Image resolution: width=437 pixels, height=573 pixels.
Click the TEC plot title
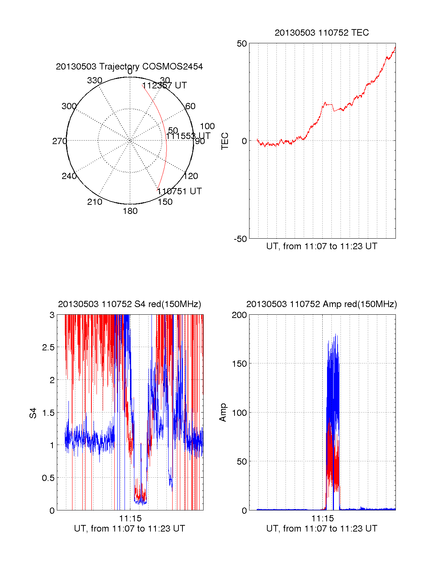pyautogui.click(x=322, y=33)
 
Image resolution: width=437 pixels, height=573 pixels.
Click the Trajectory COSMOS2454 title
pyautogui.click(x=129, y=67)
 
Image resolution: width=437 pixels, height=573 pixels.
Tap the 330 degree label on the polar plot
pyautogui.click(x=95, y=80)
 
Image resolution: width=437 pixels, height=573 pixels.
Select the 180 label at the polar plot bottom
pyautogui.click(x=130, y=211)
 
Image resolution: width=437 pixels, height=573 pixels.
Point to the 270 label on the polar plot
pyautogui.click(x=59, y=141)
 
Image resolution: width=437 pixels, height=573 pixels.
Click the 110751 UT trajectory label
pyautogui.click(x=180, y=191)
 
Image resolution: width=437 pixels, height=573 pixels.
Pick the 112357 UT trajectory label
pyautogui.click(x=164, y=85)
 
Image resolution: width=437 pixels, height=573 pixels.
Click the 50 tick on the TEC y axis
pyautogui.click(x=242, y=44)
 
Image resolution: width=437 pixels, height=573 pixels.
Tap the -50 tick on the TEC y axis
pyautogui.click(x=240, y=239)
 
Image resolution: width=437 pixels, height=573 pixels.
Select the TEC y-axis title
pyautogui.click(x=225, y=141)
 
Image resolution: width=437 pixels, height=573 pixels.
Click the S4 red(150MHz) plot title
pyautogui.click(x=129, y=304)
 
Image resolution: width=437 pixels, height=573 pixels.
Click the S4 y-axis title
pyautogui.click(x=33, y=413)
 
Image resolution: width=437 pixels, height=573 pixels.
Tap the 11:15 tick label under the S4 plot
pyautogui.click(x=130, y=518)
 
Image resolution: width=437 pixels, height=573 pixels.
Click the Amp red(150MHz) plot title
pyautogui.click(x=322, y=304)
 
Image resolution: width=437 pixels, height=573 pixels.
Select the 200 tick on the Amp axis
pyautogui.click(x=239, y=315)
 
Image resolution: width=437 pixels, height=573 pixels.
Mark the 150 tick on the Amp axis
pyautogui.click(x=239, y=364)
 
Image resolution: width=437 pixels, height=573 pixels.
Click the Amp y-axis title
pyautogui.click(x=223, y=413)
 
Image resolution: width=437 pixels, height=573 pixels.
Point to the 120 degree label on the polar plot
pyautogui.click(x=191, y=176)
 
